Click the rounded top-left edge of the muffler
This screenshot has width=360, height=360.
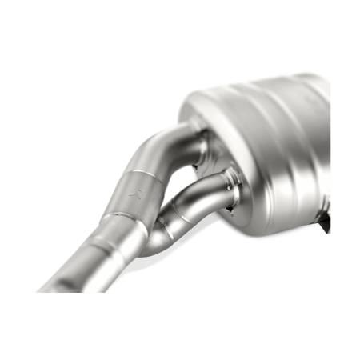point(192,100)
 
